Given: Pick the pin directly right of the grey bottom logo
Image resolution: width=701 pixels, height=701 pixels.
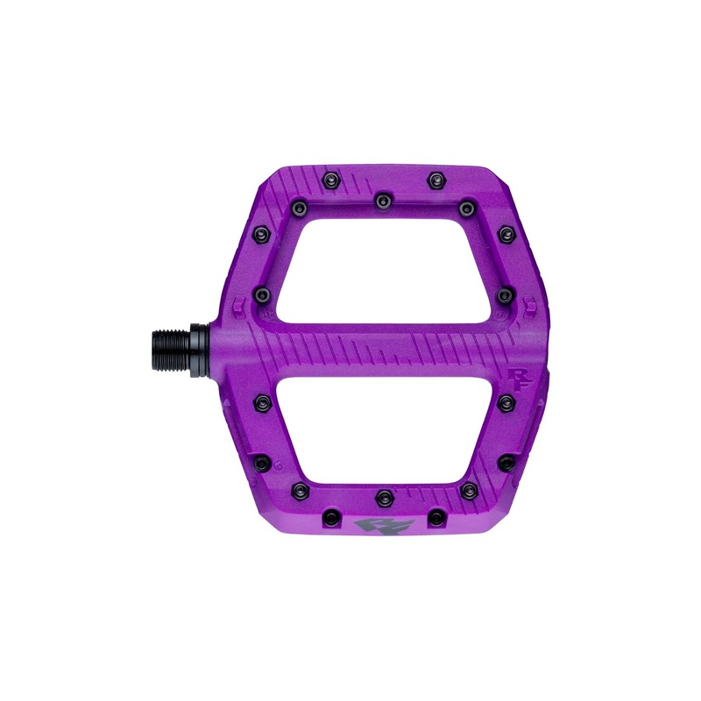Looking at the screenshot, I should click(432, 518).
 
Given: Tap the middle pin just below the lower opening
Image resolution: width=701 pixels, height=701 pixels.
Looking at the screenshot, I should click(381, 497).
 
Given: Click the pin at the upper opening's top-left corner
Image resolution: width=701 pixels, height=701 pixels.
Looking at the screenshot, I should click(297, 209).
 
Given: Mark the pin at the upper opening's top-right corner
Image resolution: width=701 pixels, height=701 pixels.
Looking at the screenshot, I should click(466, 208).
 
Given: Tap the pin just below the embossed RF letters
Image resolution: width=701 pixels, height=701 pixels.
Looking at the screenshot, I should click(506, 402).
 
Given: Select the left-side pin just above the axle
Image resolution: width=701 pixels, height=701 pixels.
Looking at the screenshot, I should click(260, 295).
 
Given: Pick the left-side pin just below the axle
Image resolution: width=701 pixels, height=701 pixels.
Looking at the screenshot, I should click(260, 402).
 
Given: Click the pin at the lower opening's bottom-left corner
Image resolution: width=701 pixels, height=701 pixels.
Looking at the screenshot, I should click(298, 488).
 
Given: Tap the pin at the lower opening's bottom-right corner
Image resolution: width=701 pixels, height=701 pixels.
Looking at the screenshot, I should click(467, 487).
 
